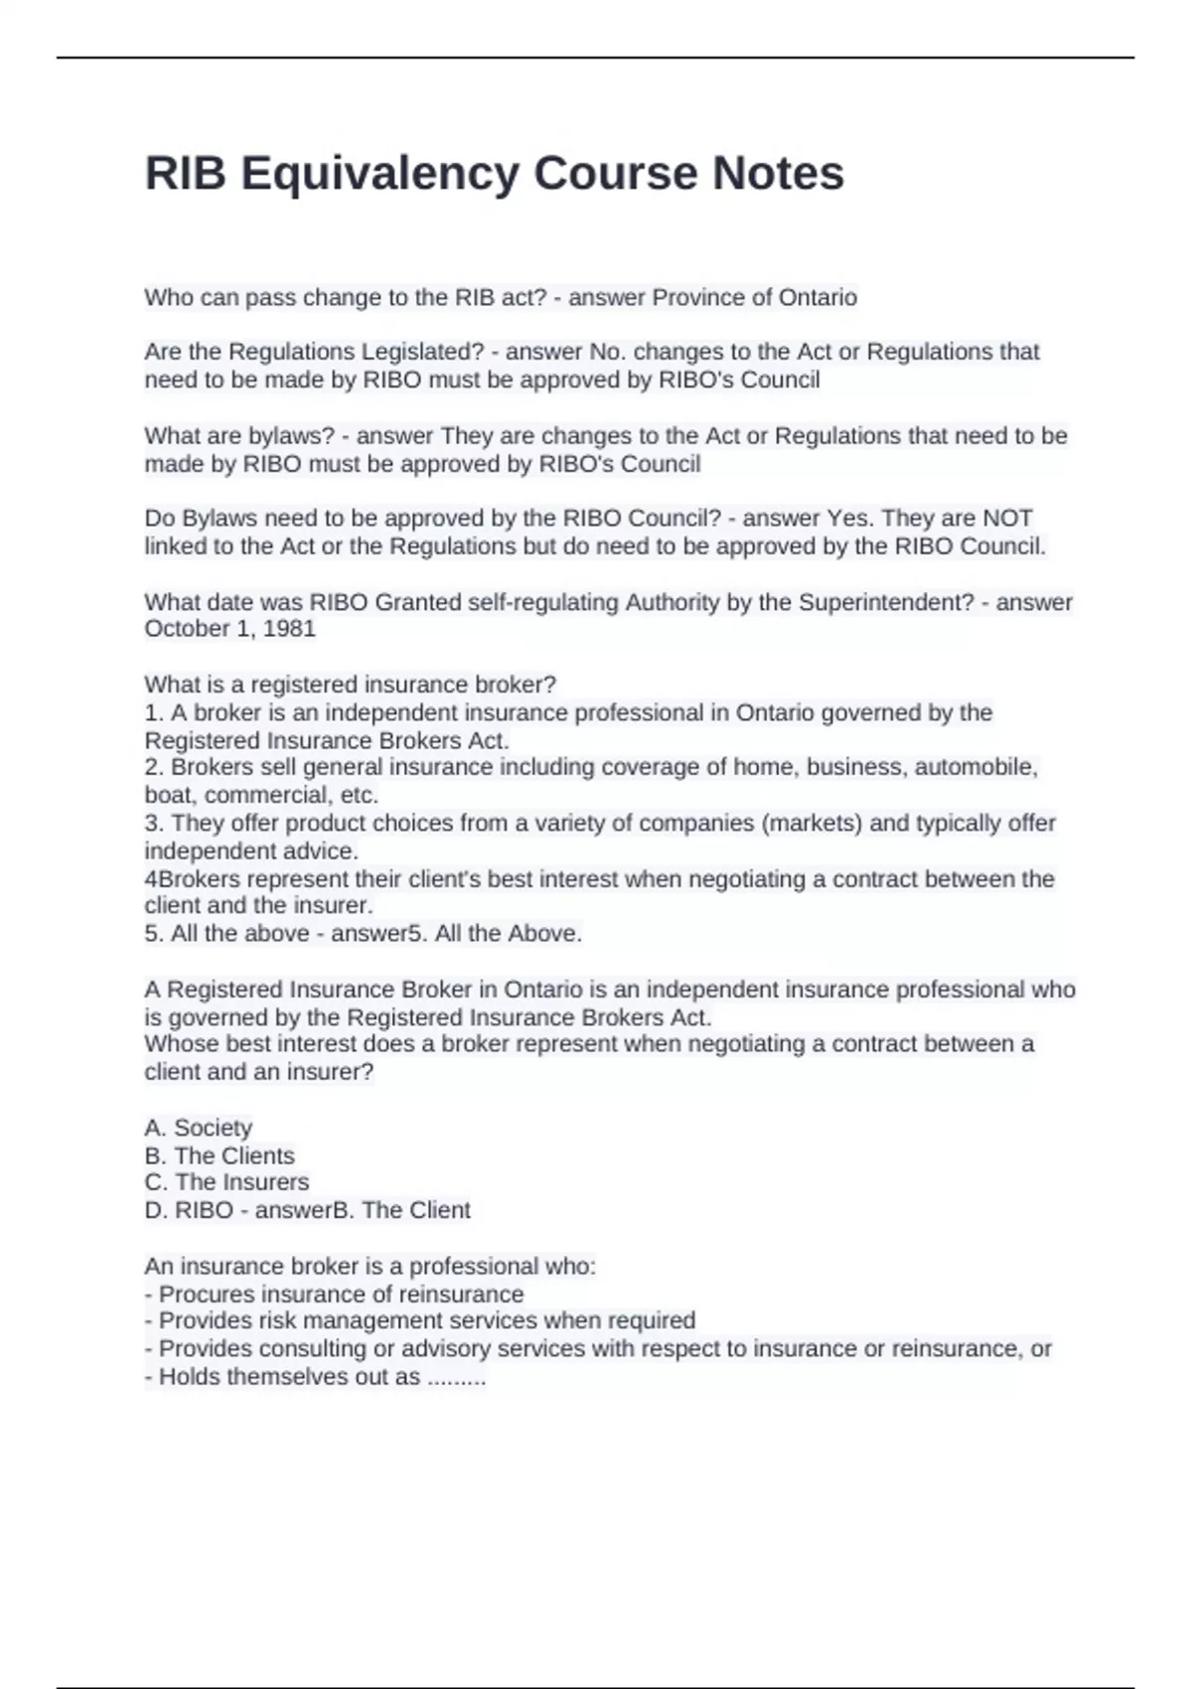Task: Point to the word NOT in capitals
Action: [x=1007, y=519]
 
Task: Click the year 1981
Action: [x=289, y=629]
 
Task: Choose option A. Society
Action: [x=199, y=1128]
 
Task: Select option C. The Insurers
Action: [x=226, y=1182]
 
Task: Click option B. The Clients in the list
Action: [x=220, y=1155]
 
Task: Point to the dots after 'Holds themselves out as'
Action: [x=456, y=1378]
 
